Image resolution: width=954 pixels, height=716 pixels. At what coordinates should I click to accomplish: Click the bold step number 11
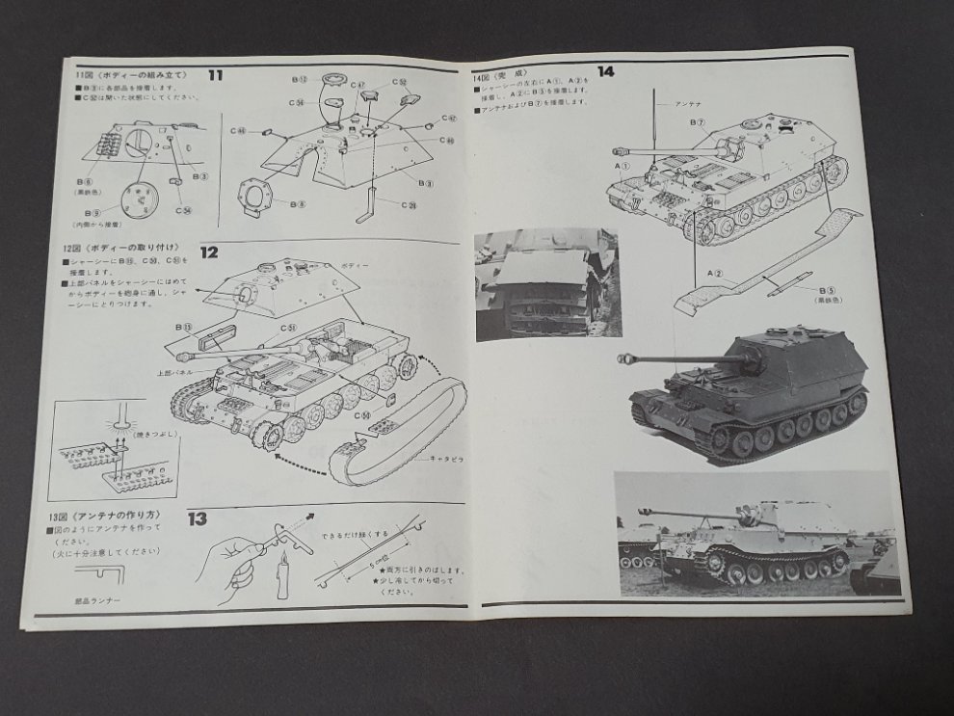215,74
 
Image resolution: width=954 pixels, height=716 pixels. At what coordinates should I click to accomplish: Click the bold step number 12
209,252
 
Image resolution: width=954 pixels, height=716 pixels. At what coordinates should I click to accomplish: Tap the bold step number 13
197,519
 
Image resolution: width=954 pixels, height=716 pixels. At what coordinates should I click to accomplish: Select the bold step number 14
605,70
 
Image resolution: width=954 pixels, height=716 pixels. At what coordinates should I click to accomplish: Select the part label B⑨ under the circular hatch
93,210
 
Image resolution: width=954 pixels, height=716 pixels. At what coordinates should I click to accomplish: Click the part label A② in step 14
714,274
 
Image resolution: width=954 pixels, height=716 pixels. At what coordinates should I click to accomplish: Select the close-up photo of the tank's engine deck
546,284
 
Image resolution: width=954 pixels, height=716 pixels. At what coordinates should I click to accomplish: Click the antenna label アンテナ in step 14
687,104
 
